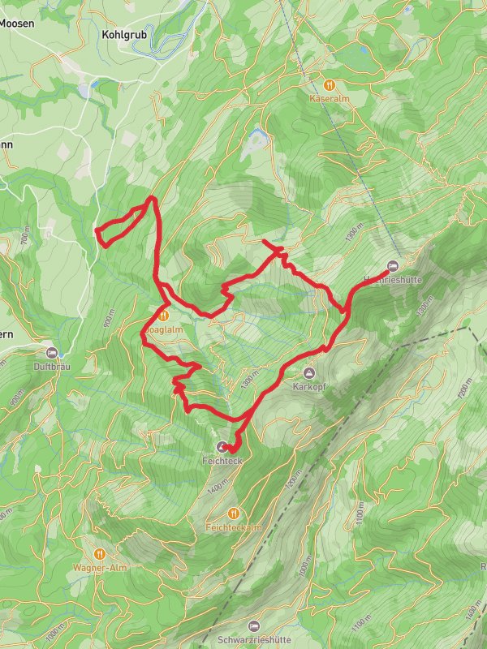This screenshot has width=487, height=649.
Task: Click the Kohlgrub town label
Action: tap(123, 35)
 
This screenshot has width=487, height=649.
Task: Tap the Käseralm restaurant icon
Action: tap(330, 84)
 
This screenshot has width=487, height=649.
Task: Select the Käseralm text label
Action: tap(330, 98)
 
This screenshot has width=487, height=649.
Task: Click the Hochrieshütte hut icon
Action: tap(394, 265)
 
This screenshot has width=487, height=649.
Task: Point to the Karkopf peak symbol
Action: tap(308, 372)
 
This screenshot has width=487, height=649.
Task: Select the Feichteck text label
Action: tap(223, 461)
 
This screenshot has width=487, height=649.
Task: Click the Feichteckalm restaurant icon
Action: tap(234, 513)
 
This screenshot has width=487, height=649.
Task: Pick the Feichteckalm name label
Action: tap(234, 527)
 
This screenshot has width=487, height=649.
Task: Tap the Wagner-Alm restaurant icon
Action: tap(100, 553)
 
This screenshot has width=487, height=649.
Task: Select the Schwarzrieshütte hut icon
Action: tap(254, 625)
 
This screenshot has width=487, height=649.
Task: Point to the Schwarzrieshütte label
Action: tap(254, 639)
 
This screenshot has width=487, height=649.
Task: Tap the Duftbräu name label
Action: tap(54, 366)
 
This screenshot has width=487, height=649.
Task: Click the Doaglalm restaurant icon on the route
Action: tap(164, 316)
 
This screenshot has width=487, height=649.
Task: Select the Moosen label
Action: tap(16, 24)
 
